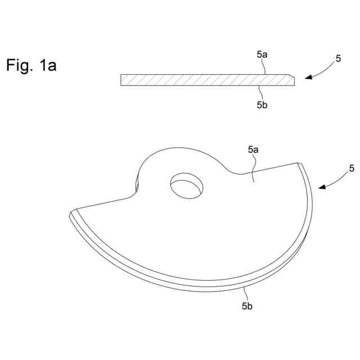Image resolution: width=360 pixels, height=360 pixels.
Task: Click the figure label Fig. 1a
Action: tap(31, 65)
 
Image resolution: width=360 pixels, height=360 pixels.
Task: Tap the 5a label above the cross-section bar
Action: tap(262, 56)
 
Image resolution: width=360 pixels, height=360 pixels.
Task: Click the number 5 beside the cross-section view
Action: tap(338, 57)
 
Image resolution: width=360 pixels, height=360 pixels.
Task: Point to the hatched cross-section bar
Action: tap(202, 80)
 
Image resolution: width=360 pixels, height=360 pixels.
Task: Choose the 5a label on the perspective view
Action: tap(253, 150)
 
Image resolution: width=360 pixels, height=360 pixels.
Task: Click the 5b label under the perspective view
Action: tap(247, 306)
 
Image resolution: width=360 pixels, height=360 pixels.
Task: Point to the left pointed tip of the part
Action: tap(71, 214)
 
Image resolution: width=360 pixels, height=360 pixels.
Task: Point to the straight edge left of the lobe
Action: tap(104, 204)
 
